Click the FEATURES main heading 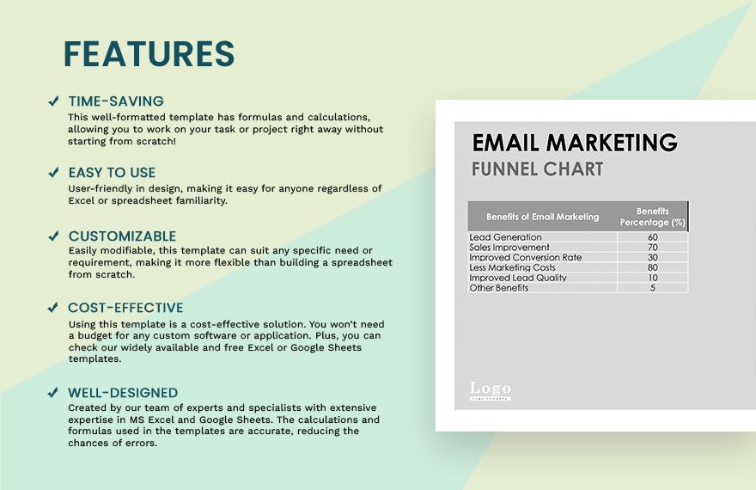[149, 53]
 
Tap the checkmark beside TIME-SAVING [53, 101]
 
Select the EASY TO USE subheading [112, 173]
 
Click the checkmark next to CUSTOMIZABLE [53, 236]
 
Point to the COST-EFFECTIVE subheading [125, 308]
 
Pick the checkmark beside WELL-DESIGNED [53, 393]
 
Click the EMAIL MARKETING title [575, 143]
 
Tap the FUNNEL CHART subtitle [537, 169]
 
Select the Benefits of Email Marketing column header [542, 217]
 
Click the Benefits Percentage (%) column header [652, 217]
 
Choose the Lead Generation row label [505, 237]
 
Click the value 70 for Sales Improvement [653, 248]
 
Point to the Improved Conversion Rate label [526, 258]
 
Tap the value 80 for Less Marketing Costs [653, 267]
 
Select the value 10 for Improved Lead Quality [653, 278]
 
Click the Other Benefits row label [498, 288]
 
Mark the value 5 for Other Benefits [653, 288]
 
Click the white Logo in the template [491, 390]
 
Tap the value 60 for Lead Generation [653, 237]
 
